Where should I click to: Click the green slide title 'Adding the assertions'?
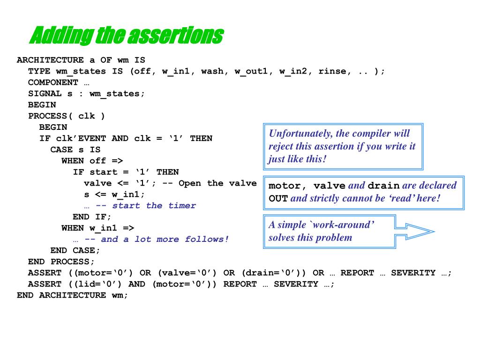click(x=126, y=36)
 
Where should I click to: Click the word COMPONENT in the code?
click(x=53, y=82)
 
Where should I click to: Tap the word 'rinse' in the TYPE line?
click(x=332, y=71)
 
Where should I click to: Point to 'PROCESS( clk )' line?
click(x=67, y=116)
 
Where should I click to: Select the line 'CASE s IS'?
click(x=75, y=150)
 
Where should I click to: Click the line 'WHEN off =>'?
click(x=92, y=161)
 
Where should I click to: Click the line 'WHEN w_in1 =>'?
click(x=97, y=228)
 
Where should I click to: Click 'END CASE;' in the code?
click(x=75, y=250)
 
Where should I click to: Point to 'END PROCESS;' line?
click(x=61, y=262)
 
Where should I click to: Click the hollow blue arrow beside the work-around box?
click(x=417, y=231)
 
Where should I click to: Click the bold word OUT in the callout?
click(x=278, y=198)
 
